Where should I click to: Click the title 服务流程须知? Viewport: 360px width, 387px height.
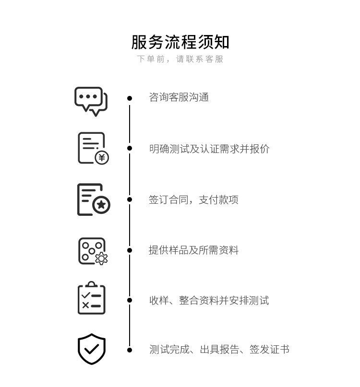[180, 42]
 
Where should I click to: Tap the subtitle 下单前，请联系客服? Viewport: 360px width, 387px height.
[180, 59]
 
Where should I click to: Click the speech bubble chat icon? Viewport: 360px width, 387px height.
[91, 101]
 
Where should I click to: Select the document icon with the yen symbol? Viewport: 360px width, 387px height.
[93, 148]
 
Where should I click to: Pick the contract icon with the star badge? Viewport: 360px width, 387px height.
[94, 199]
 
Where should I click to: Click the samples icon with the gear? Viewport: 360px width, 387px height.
[93, 251]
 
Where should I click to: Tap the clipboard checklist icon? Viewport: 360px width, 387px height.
[91, 299]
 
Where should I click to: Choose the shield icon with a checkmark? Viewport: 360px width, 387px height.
[92, 349]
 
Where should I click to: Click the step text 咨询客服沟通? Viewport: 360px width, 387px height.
[179, 98]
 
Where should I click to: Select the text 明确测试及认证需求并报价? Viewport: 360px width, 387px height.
[209, 149]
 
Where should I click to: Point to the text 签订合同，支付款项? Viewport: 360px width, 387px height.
[193, 200]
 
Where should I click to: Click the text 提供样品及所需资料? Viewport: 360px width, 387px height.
[193, 250]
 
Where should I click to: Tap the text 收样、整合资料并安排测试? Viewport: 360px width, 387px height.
[209, 301]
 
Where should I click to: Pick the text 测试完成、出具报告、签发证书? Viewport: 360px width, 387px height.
[219, 350]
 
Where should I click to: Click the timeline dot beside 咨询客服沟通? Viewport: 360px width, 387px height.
[130, 98]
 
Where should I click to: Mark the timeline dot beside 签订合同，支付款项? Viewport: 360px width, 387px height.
[130, 199]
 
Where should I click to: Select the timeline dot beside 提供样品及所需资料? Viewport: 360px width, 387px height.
[130, 250]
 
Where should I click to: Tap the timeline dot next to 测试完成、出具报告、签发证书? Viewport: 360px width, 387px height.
[130, 350]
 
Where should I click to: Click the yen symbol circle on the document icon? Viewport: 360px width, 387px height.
[102, 157]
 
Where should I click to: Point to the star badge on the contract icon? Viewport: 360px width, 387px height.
[101, 205]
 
